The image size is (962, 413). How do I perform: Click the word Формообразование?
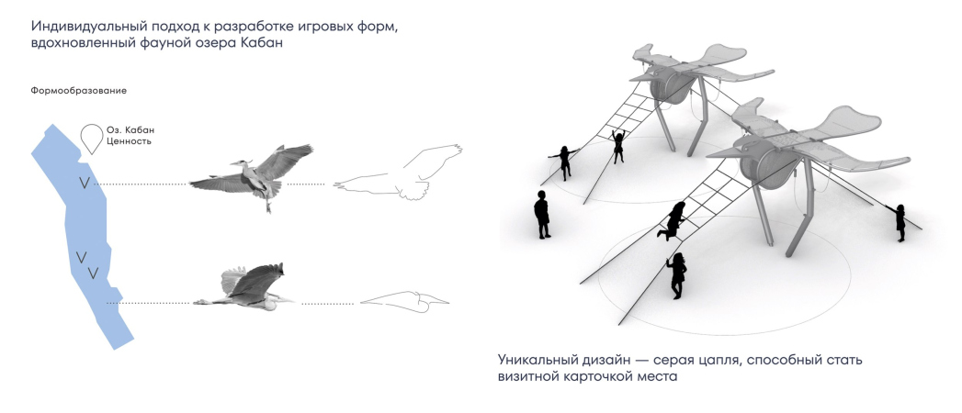tap(78, 91)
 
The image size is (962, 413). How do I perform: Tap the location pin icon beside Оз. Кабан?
tap(92, 139)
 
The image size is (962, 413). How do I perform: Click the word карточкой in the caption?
tap(595, 376)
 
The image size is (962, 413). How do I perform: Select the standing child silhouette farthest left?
tap(542, 214)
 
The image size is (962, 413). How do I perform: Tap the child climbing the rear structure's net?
tap(617, 146)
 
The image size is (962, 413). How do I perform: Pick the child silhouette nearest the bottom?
tap(677, 275)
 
